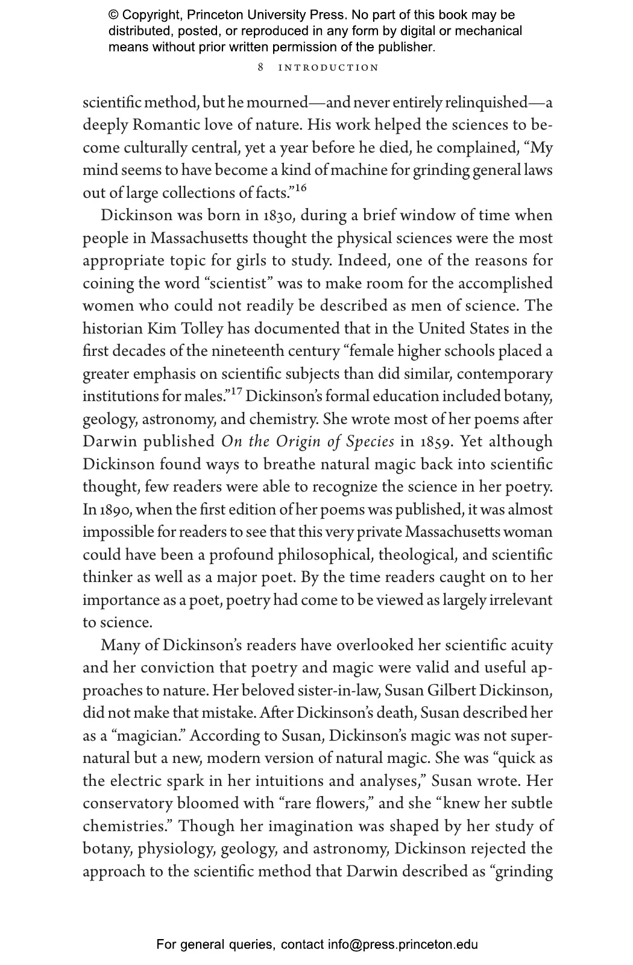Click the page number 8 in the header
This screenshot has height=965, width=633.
(x=260, y=68)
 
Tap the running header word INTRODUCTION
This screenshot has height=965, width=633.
(x=329, y=68)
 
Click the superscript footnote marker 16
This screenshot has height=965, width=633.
(x=300, y=188)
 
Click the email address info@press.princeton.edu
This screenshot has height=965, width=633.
(x=403, y=944)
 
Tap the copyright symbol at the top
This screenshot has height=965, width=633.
(x=113, y=15)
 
